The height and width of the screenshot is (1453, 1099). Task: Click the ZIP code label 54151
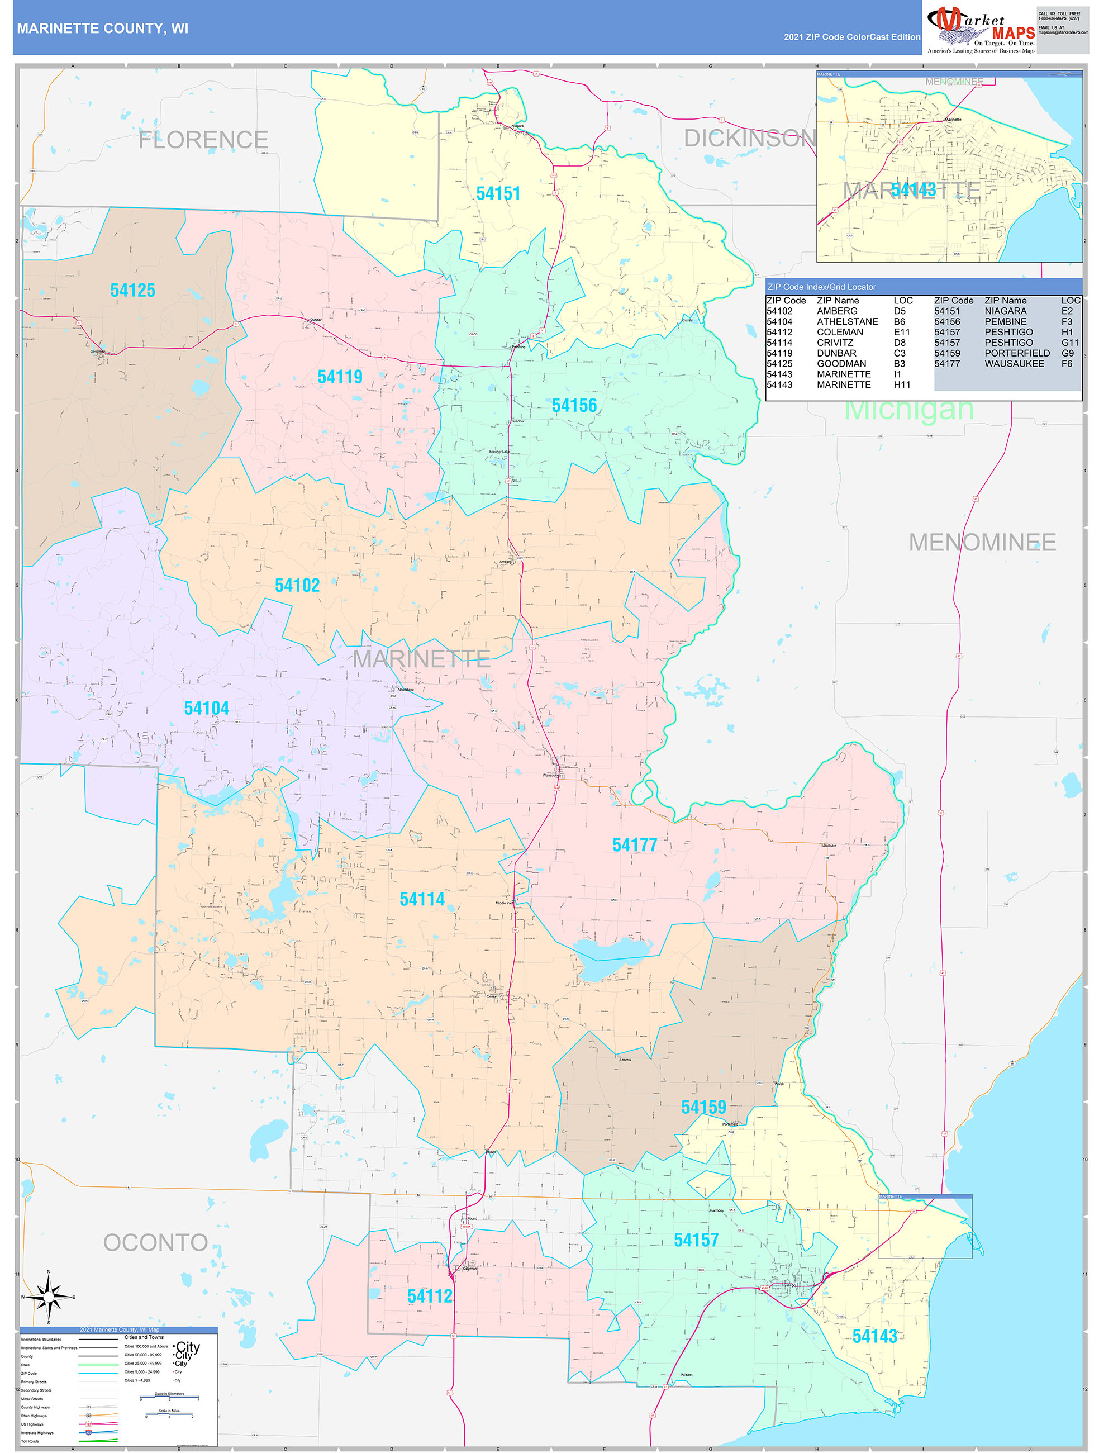pyautogui.click(x=498, y=194)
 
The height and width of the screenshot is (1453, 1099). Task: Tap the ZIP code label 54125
pyautogui.click(x=132, y=291)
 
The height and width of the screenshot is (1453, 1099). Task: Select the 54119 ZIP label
pyautogui.click(x=340, y=377)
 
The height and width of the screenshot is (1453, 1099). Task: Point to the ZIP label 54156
pyautogui.click(x=574, y=406)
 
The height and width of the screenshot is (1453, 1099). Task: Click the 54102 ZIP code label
pyautogui.click(x=297, y=585)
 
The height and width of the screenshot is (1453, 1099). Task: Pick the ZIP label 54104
pyautogui.click(x=206, y=708)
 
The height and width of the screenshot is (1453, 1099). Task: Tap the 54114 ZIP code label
pyautogui.click(x=422, y=899)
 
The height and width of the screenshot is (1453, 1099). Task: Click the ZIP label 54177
pyautogui.click(x=634, y=846)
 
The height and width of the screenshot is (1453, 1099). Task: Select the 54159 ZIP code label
pyautogui.click(x=703, y=1108)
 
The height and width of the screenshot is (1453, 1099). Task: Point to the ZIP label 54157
pyautogui.click(x=696, y=1240)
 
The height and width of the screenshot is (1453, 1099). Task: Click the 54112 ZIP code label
pyautogui.click(x=430, y=1296)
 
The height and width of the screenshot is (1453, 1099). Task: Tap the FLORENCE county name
pyautogui.click(x=203, y=140)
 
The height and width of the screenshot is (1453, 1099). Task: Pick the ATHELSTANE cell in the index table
pyautogui.click(x=847, y=322)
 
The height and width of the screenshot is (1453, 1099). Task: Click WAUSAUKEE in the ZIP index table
pyautogui.click(x=1014, y=364)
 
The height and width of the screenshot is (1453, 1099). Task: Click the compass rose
pyautogui.click(x=49, y=1297)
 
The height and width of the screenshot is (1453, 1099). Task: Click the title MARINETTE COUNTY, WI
pyautogui.click(x=102, y=29)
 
